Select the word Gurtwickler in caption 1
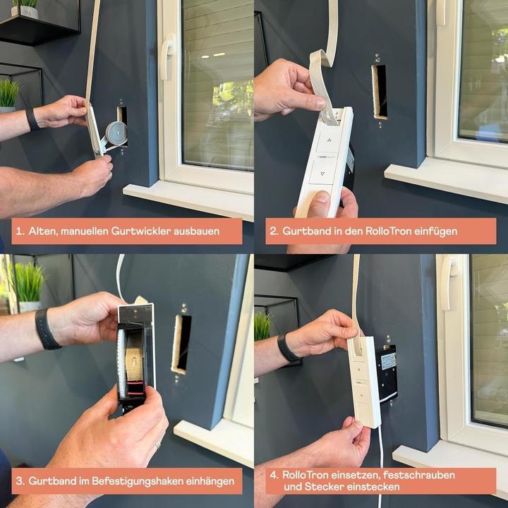tap(145, 231)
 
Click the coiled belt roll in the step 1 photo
tap(115, 133)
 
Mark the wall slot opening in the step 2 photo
tap(380, 91)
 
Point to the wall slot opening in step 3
tap(181, 343)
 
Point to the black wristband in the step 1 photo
tap(32, 119)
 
